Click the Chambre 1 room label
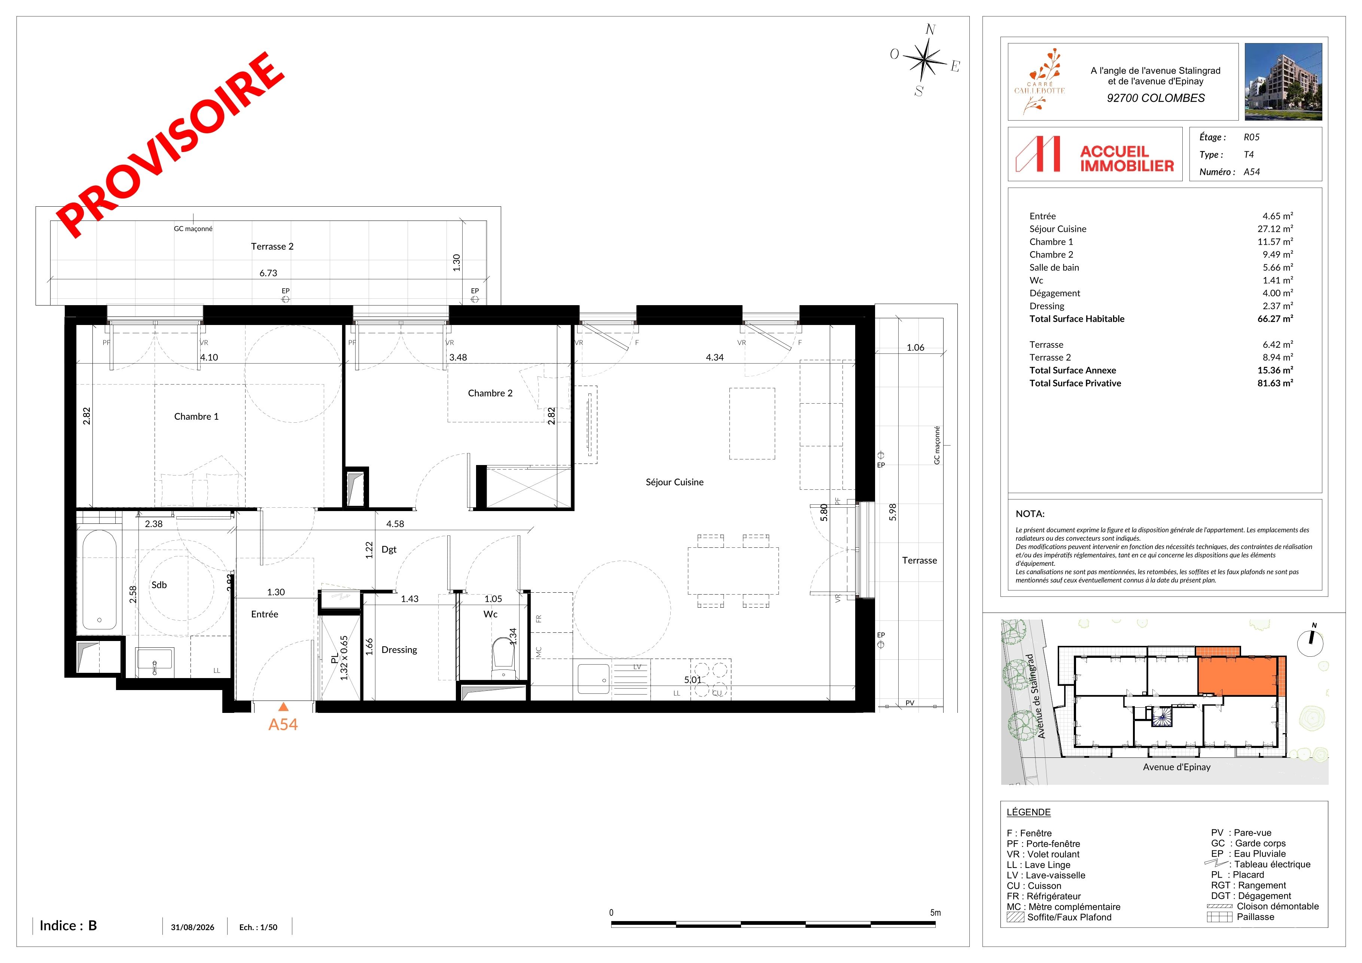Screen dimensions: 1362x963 196,416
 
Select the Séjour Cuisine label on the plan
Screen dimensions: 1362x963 674,482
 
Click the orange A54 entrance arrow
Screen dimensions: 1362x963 284,706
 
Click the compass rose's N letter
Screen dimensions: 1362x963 930,30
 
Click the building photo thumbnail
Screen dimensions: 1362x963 1283,82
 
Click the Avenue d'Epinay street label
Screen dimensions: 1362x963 1176,767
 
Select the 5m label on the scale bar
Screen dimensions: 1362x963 935,912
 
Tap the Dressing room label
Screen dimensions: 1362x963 399,650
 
